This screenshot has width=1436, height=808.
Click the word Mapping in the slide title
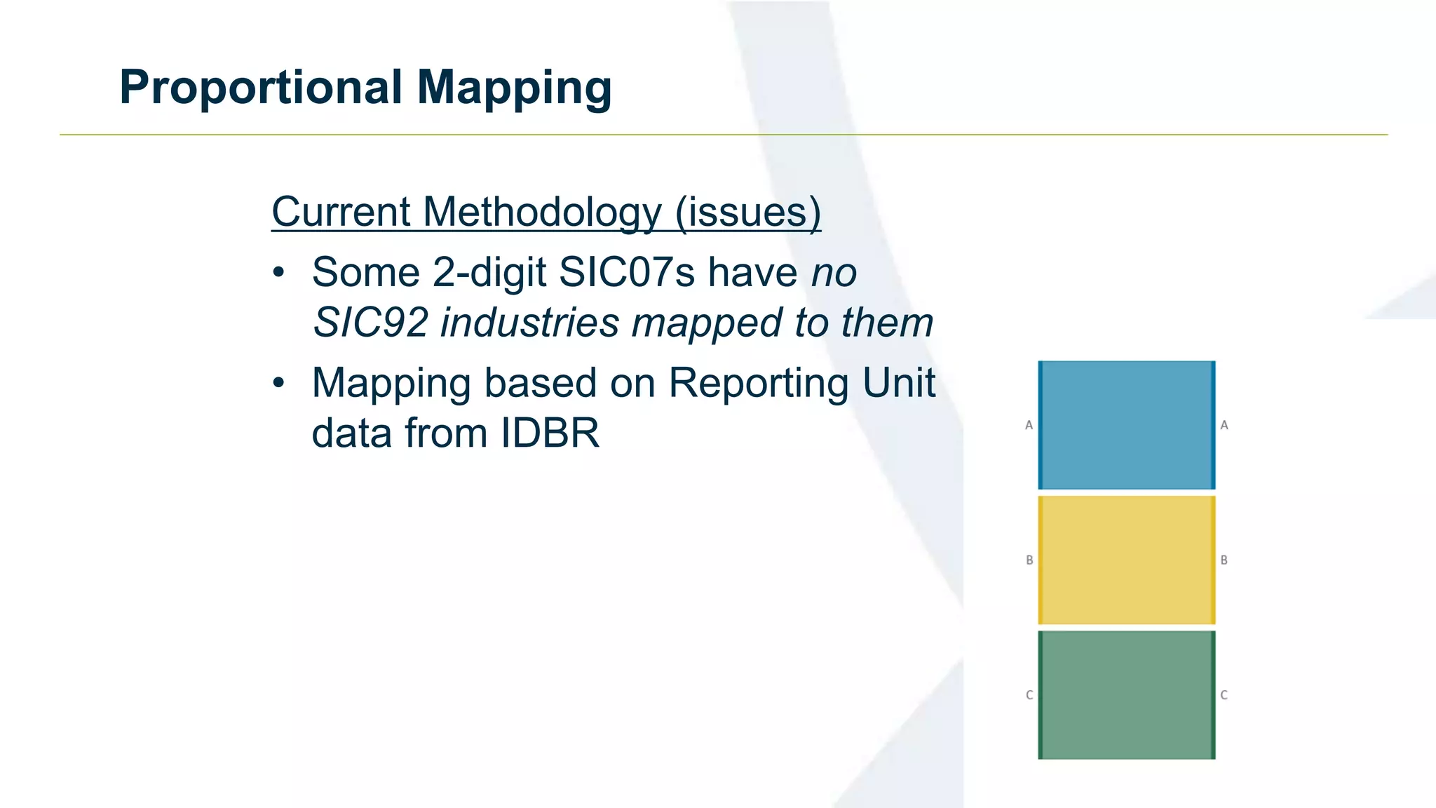pyautogui.click(x=514, y=88)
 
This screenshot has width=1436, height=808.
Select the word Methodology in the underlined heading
pyautogui.click(x=542, y=212)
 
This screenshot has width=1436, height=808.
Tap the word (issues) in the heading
pyautogui.click(x=747, y=212)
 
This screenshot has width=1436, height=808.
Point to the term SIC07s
pyautogui.click(x=627, y=272)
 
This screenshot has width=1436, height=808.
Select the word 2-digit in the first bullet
pyautogui.click(x=489, y=272)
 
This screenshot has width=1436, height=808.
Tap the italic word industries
pyautogui.click(x=529, y=323)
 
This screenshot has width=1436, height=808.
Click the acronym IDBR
pyautogui.click(x=550, y=433)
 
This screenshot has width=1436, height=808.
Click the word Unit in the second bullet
pyautogui.click(x=899, y=383)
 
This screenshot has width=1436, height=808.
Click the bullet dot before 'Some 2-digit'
pyautogui.click(x=279, y=272)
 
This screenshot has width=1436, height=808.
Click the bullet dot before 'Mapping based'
pyautogui.click(x=279, y=383)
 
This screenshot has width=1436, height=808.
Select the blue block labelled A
pyautogui.click(x=1126, y=425)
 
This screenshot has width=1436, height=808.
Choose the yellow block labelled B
pyautogui.click(x=1126, y=560)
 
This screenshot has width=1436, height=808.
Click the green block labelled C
pyautogui.click(x=1126, y=694)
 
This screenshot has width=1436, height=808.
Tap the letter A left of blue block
pyautogui.click(x=1029, y=425)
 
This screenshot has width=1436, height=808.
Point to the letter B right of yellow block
pyautogui.click(x=1224, y=560)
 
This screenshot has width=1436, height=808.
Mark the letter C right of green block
pyautogui.click(x=1224, y=695)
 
